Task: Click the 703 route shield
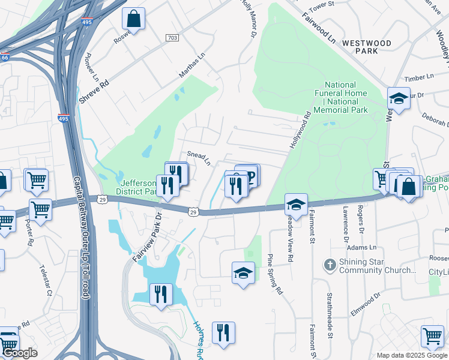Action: point(172,38)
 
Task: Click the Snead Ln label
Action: point(199,158)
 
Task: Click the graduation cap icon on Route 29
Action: point(296,205)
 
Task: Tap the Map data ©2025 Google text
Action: point(412,355)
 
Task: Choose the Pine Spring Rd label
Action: point(274,274)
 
